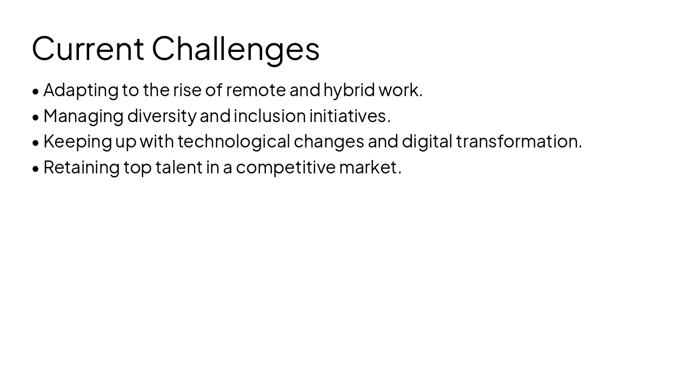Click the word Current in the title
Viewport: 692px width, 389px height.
(88, 49)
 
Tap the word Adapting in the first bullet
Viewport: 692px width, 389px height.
(81, 90)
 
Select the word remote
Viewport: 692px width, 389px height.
(256, 90)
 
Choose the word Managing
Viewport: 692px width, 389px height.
(83, 116)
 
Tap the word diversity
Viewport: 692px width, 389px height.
(162, 116)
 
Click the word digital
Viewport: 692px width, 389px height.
(427, 142)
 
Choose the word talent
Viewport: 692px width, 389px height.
(178, 167)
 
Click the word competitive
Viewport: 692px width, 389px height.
(285, 167)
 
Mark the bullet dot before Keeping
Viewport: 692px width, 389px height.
(36, 143)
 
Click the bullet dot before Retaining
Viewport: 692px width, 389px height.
(36, 169)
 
